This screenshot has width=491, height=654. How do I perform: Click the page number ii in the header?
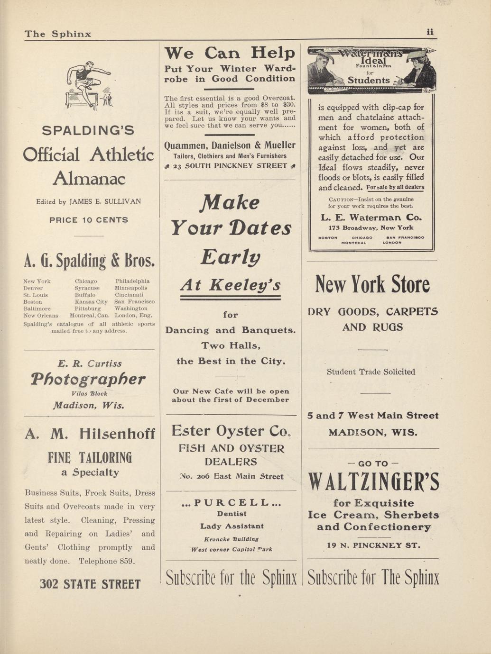[x=430, y=32]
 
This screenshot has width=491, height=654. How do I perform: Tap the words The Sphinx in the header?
[x=58, y=34]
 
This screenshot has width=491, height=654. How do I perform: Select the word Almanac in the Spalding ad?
[x=89, y=179]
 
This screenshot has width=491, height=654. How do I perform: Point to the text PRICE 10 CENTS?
[x=89, y=220]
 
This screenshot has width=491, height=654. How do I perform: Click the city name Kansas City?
[x=91, y=301]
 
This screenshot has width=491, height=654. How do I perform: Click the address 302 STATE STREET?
[x=90, y=584]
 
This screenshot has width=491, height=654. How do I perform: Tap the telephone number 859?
[x=126, y=561]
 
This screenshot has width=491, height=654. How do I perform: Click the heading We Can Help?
[x=230, y=53]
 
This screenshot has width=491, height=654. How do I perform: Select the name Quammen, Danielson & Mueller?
[x=230, y=145]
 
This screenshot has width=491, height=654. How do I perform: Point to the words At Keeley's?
[x=230, y=285]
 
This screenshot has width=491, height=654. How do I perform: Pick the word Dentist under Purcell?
[x=232, y=514]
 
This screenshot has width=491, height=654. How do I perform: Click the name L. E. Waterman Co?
[x=371, y=218]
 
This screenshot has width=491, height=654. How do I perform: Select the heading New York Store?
[x=372, y=285]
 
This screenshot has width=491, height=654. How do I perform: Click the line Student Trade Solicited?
[x=371, y=372]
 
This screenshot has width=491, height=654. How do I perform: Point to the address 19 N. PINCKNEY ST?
[x=374, y=545]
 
